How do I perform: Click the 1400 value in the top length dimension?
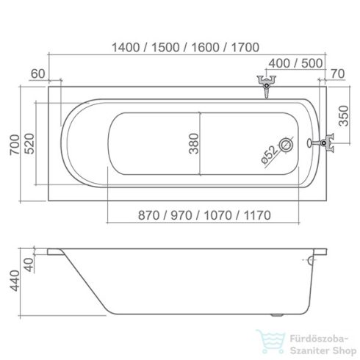(x=126, y=47)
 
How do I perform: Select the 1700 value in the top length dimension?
(x=245, y=47)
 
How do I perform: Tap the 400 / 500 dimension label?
(x=295, y=63)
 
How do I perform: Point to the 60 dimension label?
(x=38, y=73)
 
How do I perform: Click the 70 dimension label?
(x=337, y=73)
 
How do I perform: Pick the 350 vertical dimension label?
(x=343, y=116)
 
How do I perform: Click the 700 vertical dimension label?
(x=15, y=144)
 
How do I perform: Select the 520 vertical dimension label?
(x=30, y=143)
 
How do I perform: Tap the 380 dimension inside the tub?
(x=193, y=143)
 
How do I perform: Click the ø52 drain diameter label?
(x=270, y=154)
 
